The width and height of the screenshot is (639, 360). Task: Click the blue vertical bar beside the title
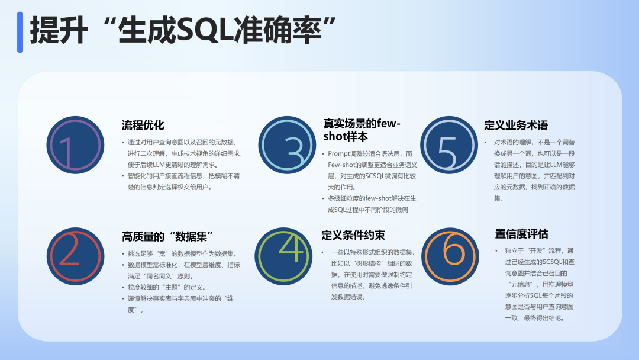[20, 32]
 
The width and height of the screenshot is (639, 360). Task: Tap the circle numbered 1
[75, 145]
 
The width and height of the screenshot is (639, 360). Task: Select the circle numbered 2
[75, 256]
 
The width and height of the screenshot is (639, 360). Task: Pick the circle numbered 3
[288, 145]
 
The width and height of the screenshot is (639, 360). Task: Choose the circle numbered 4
[283, 256]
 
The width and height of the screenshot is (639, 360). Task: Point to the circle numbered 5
[449, 145]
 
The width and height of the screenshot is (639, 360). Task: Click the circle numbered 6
[450, 256]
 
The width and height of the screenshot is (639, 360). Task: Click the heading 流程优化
[143, 125]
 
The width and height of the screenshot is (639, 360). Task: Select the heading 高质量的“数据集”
[167, 236]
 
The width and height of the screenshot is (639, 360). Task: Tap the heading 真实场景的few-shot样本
[362, 130]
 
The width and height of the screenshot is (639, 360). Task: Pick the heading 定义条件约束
[353, 235]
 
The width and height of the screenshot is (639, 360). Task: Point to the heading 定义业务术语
[516, 125]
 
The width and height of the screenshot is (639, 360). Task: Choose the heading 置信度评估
[522, 234]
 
